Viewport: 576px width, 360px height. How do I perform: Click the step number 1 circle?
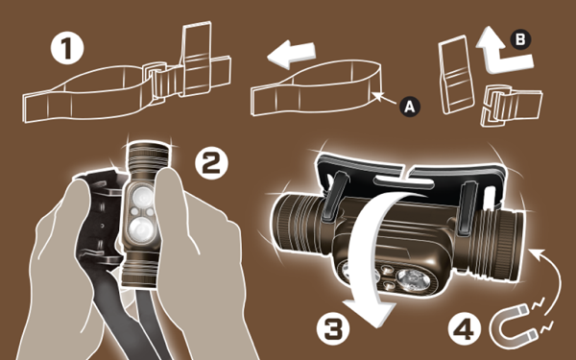pyautogui.click(x=67, y=49)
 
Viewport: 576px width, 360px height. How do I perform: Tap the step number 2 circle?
pyautogui.click(x=211, y=163)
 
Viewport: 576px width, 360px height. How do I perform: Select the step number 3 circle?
pyautogui.click(x=333, y=328)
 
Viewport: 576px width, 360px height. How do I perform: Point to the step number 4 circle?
pyautogui.click(x=465, y=328)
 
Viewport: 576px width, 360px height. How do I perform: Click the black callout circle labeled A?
pyautogui.click(x=410, y=107)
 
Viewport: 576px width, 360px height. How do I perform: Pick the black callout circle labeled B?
pyautogui.click(x=520, y=39)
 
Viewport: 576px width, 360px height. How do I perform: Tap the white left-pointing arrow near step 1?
pyautogui.click(x=291, y=55)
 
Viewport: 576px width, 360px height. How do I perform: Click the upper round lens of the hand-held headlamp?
pyautogui.click(x=142, y=197)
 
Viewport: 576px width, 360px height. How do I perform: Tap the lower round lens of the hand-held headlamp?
pyautogui.click(x=142, y=229)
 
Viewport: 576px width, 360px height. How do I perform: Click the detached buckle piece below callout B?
pyautogui.click(x=511, y=106)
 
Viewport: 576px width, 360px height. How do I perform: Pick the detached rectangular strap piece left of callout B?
pyautogui.click(x=455, y=75)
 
